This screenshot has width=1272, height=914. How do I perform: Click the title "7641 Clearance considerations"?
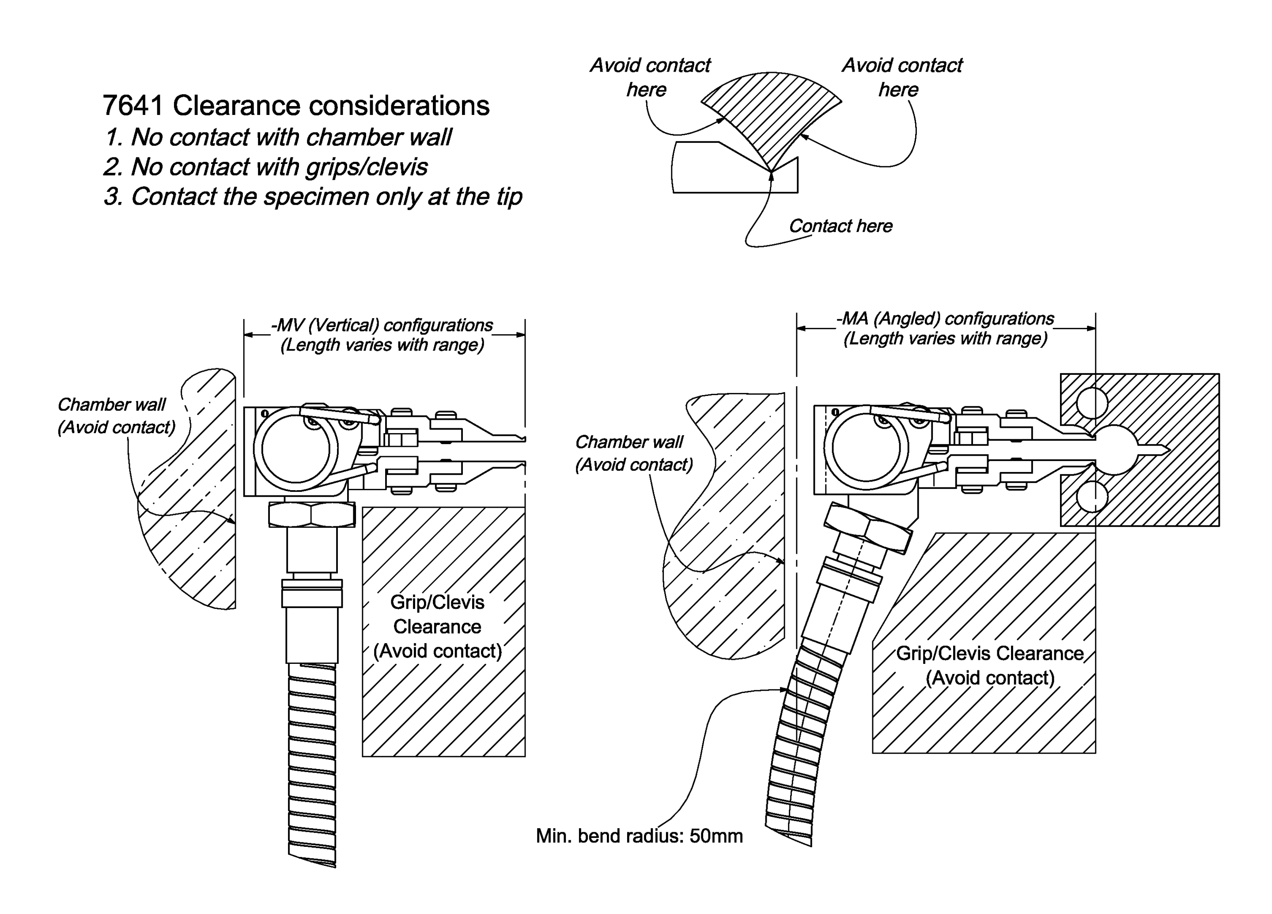coord(295,106)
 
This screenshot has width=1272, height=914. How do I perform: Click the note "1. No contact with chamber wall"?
coord(278,137)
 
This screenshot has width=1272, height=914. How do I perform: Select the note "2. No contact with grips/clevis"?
coord(266,167)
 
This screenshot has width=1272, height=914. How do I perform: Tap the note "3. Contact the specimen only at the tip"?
coord(313,197)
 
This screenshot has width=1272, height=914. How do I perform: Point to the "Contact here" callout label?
coord(840,226)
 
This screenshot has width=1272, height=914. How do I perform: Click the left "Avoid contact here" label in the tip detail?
coord(649,77)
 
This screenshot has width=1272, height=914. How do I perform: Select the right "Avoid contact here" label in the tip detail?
coord(901,77)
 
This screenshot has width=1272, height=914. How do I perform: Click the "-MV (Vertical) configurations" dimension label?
coord(382,325)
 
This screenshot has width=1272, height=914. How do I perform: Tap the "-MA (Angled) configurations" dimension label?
coord(945,319)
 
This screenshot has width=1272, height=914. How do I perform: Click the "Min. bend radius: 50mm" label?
coord(639,836)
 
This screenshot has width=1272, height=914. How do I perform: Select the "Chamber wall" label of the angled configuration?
coord(628,442)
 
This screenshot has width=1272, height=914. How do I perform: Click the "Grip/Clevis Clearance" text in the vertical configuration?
coord(437,614)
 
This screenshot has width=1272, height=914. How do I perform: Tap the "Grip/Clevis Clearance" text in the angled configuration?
coord(989,654)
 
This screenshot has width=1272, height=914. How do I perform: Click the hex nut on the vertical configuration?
coord(312,514)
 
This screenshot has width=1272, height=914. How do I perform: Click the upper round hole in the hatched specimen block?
coord(1092,403)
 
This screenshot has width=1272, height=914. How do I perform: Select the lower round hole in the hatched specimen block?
coord(1092,497)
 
